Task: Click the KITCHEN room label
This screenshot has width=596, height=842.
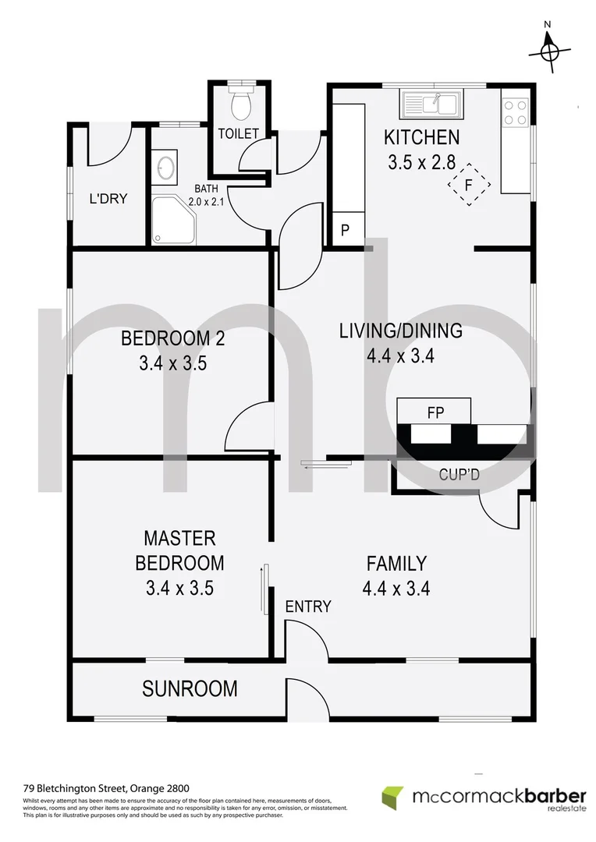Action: click(421, 138)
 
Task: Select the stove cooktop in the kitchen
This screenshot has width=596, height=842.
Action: click(516, 110)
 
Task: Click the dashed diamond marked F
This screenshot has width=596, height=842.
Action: click(468, 185)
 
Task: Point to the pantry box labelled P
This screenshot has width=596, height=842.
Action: click(346, 231)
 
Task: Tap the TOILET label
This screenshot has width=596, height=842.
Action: click(238, 133)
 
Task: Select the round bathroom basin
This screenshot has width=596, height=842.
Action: click(165, 167)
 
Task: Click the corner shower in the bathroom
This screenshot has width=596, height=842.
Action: click(170, 221)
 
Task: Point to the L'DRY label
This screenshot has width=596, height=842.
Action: click(108, 199)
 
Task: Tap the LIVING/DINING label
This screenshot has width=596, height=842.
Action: click(400, 331)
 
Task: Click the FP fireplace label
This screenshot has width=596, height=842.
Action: click(435, 411)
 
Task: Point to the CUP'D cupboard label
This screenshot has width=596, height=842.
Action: click(459, 472)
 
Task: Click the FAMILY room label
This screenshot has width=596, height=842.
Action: click(396, 563)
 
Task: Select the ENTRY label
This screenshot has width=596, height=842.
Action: click(308, 606)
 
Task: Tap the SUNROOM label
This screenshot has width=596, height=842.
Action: click(190, 688)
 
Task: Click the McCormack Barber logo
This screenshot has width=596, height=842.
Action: click(484, 799)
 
